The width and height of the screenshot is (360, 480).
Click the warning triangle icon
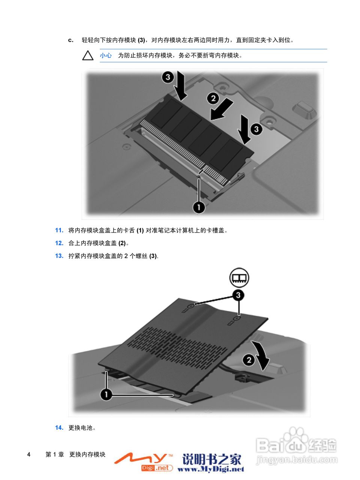click(x=88, y=55)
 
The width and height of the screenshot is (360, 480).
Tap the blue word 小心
click(x=106, y=55)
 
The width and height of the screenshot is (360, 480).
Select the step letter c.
click(x=70, y=40)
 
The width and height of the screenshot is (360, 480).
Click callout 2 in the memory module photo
click(x=213, y=98)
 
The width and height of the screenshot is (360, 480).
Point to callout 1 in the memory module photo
click(x=199, y=207)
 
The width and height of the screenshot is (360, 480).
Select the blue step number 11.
click(x=59, y=230)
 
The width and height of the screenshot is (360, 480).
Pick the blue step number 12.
click(x=59, y=243)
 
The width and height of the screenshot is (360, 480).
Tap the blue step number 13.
click(x=59, y=256)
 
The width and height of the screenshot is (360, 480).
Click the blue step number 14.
click(x=59, y=427)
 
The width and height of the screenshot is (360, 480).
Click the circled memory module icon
click(x=239, y=278)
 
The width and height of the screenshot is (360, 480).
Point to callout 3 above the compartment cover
click(x=238, y=295)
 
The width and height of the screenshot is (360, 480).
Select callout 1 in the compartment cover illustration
click(x=106, y=394)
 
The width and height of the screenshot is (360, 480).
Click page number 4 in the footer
click(x=29, y=454)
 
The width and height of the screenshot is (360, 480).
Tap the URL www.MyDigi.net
click(x=211, y=469)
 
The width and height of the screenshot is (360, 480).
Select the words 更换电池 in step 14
click(x=80, y=427)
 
